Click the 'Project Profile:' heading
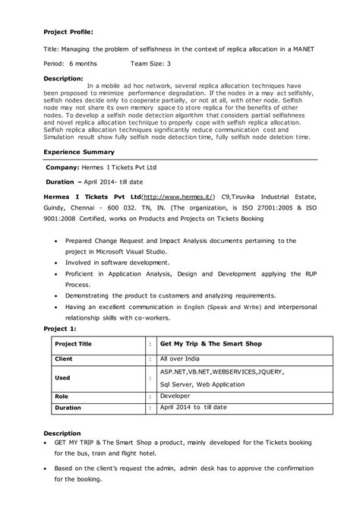[68, 33]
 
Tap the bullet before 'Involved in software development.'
[58, 260]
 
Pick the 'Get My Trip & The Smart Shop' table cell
[211, 344]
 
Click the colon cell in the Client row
[150, 358]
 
